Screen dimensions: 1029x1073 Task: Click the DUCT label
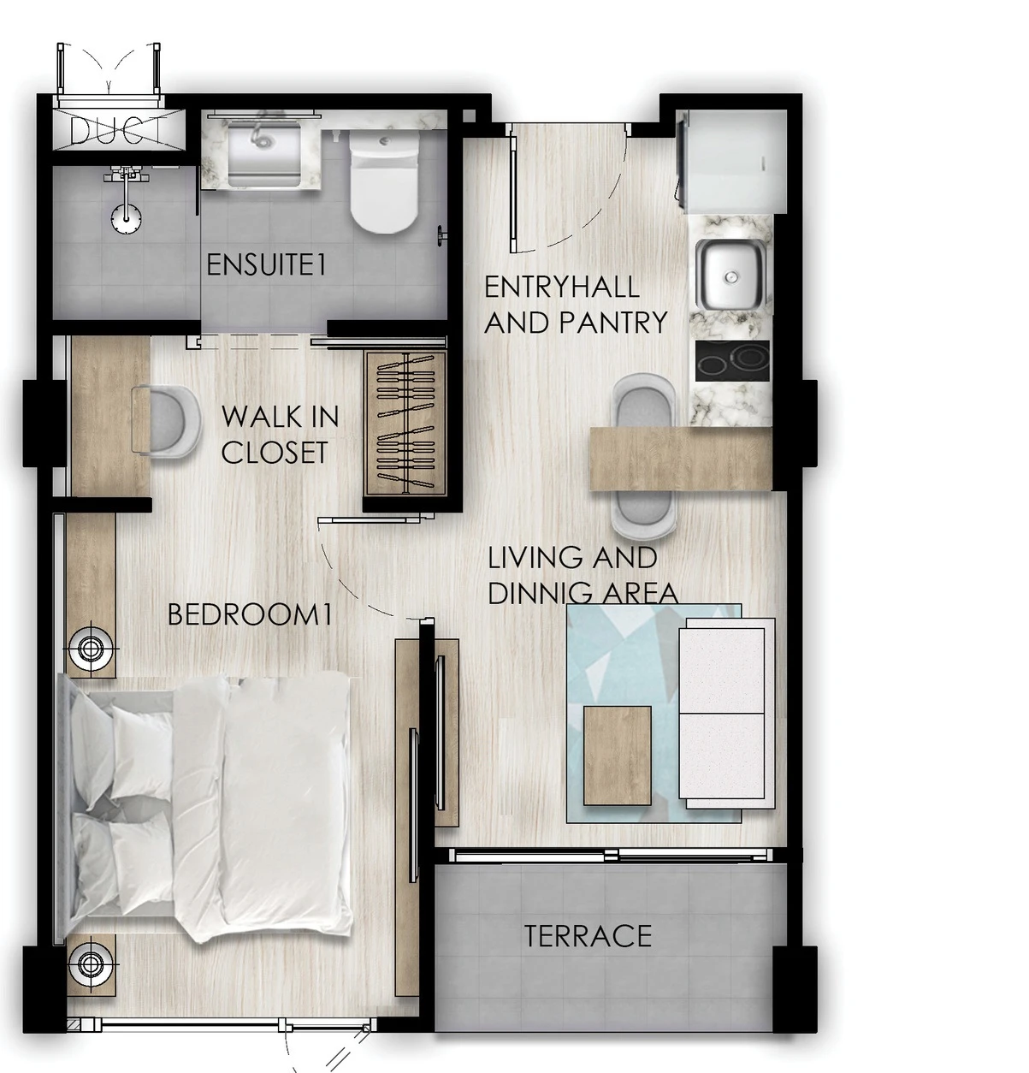coord(118,129)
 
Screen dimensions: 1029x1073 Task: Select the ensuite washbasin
coord(263,153)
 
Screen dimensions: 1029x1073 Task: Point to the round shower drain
coord(127,218)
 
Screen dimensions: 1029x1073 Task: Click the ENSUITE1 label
coord(266,264)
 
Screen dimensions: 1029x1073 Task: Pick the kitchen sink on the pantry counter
coord(730,275)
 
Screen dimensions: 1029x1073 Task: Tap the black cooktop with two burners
coord(732,360)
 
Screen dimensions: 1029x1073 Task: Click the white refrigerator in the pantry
coord(732,161)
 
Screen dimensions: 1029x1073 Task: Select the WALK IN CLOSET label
coord(280,434)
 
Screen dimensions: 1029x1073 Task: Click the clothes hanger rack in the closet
coord(405,424)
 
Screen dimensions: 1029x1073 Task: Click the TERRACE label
coord(588,936)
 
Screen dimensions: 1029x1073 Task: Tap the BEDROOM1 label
coord(251,614)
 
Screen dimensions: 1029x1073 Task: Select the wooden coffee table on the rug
coord(618,756)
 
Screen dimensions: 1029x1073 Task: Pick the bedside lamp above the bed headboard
coord(89,649)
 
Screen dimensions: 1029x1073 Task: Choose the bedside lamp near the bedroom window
coord(89,963)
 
